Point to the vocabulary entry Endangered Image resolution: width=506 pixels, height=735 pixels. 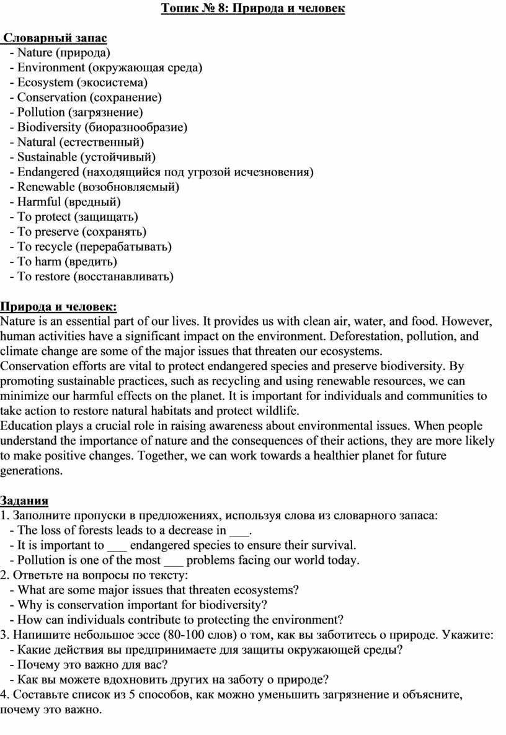[48, 172]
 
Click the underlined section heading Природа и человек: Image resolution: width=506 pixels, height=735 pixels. [58, 306]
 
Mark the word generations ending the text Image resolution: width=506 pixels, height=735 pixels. [30, 471]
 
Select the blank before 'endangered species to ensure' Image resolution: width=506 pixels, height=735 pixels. [117, 545]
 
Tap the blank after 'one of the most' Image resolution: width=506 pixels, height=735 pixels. [175, 560]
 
